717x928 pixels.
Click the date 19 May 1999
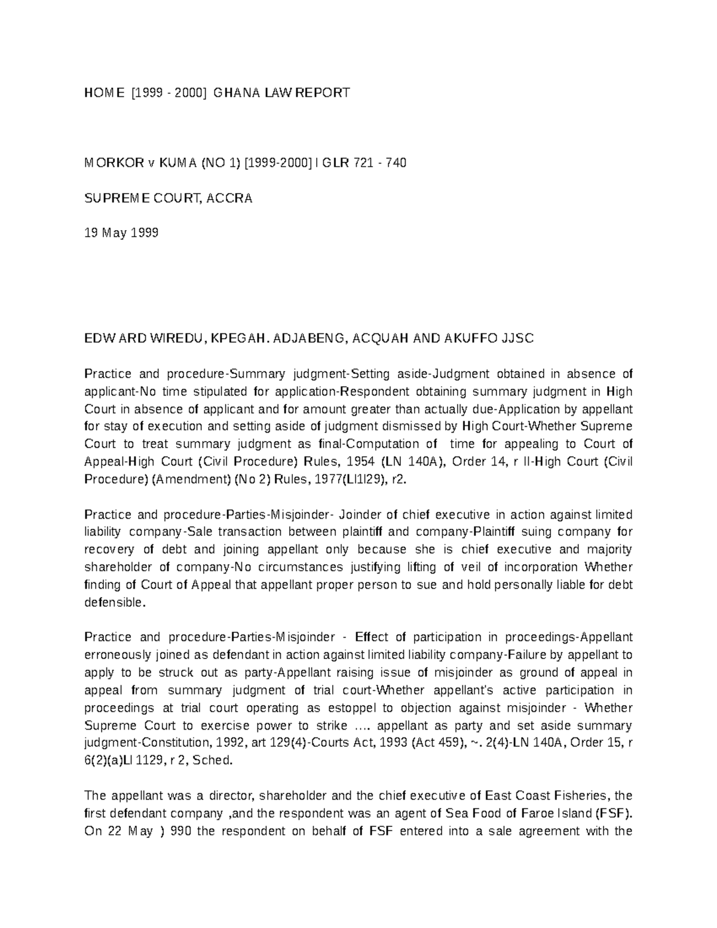(121, 233)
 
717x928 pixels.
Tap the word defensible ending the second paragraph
(115, 602)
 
